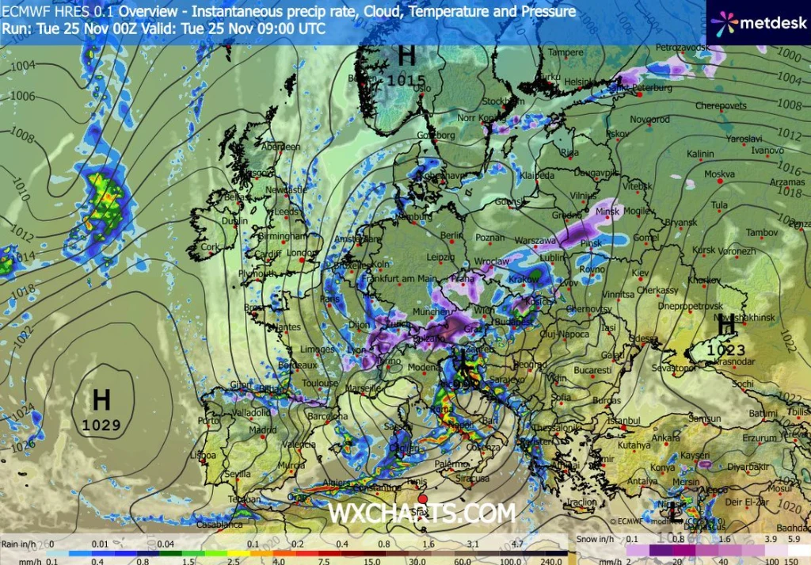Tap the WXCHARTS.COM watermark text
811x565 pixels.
tap(421, 513)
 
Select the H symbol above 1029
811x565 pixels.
tap(101, 399)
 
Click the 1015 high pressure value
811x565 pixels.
tap(406, 80)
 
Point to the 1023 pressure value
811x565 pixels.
tap(726, 349)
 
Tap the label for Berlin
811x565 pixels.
tap(451, 235)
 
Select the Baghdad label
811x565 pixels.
tap(794, 528)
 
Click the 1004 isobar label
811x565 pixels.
tap(22, 66)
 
